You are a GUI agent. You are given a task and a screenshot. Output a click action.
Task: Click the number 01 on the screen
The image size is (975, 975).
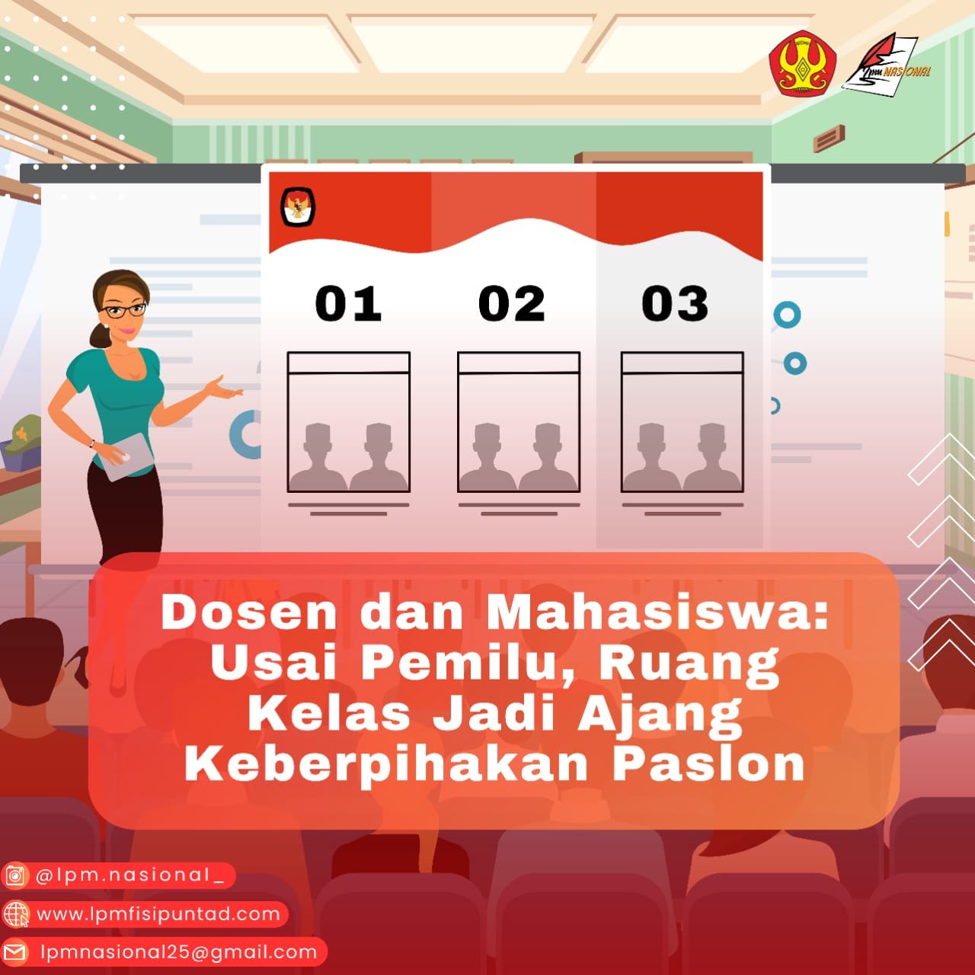(x=348, y=303)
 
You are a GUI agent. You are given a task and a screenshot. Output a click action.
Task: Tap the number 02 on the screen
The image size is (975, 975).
(x=512, y=303)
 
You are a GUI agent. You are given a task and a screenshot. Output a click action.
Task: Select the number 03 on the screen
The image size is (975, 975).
(x=675, y=303)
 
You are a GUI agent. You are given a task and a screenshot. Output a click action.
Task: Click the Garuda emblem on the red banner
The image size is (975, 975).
(x=298, y=206)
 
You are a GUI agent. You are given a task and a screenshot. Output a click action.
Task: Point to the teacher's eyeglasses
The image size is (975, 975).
(x=126, y=310)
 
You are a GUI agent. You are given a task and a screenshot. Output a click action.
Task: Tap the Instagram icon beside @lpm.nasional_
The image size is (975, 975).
(x=15, y=876)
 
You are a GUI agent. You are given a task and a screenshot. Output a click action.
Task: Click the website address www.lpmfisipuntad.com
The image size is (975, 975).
(x=158, y=913)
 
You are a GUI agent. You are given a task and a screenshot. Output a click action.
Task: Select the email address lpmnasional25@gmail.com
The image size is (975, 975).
(x=178, y=951)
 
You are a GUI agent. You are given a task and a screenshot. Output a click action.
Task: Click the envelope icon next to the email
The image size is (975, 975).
(x=15, y=951)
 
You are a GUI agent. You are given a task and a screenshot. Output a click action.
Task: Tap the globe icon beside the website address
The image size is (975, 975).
(x=15, y=913)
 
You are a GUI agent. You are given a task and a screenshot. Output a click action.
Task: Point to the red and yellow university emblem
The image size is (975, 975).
(x=802, y=65)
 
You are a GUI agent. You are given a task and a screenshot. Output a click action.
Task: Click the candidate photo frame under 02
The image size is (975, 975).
(x=519, y=422)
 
